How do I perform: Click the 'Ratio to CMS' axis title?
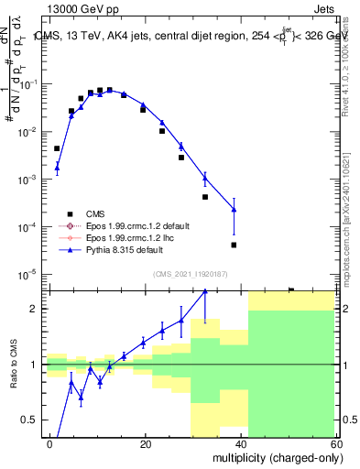pyautogui.click(x=12, y=365)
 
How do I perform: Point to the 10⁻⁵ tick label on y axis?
pyautogui.click(x=27, y=274)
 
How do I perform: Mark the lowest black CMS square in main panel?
pyautogui.click(x=234, y=245)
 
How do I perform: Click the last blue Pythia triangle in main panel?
pyautogui.click(x=234, y=210)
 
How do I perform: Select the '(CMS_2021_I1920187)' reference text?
pyautogui.click(x=190, y=273)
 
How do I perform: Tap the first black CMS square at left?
pyautogui.click(x=57, y=148)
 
